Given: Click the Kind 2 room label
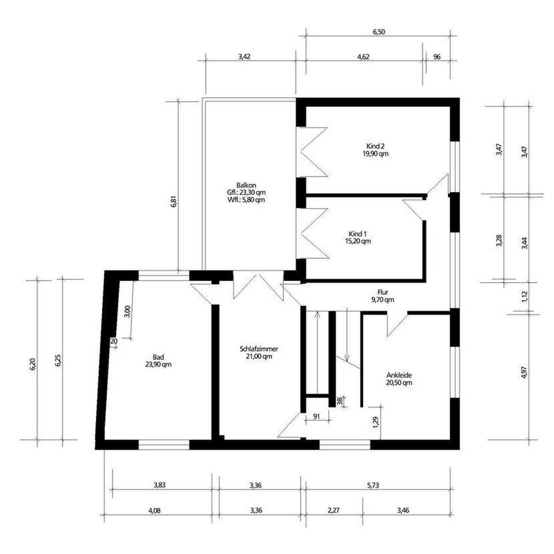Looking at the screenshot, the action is [x=375, y=146].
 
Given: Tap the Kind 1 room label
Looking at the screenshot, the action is [x=358, y=234].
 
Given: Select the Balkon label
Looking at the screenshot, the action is [x=246, y=185].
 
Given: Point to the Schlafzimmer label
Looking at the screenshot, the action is [x=259, y=349].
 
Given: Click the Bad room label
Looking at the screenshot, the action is [x=158, y=357].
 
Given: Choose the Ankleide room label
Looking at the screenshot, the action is [x=399, y=375].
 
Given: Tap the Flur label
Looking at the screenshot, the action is [x=383, y=293].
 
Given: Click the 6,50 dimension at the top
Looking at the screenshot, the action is [x=379, y=32].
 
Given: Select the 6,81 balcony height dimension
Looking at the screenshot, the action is [x=174, y=201].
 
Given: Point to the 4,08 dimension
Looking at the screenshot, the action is [x=155, y=510].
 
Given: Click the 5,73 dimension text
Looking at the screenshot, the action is [x=373, y=485].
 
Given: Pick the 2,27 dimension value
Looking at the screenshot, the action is [x=334, y=510].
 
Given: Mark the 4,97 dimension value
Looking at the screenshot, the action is [x=525, y=372].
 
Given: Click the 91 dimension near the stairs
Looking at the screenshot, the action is [x=317, y=417].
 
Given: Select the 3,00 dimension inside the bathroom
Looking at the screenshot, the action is [x=128, y=311].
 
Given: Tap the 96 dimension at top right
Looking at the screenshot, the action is [x=437, y=57].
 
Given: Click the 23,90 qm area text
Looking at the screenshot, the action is [x=158, y=364].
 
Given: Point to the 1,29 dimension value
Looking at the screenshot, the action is [x=376, y=422].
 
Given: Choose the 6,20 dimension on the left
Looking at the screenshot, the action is [x=33, y=364].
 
